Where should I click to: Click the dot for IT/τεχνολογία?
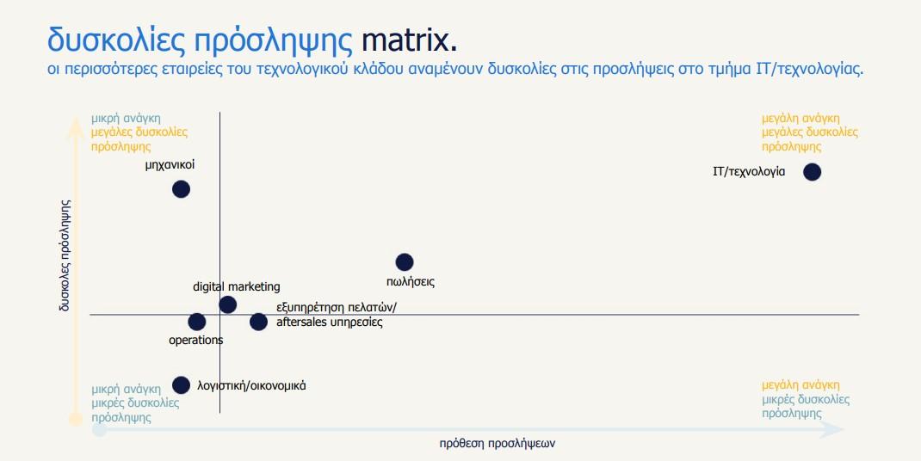click(812, 172)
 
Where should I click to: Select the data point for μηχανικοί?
click(181, 189)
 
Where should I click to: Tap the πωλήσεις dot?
click(404, 262)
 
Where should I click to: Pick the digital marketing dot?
click(228, 304)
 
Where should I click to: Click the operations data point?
click(197, 322)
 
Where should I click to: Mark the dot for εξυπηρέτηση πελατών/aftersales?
click(258, 322)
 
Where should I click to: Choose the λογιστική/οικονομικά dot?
click(181, 385)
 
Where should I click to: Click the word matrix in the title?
click(409, 40)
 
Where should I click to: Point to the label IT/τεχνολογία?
click(748, 172)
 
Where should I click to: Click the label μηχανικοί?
click(170, 165)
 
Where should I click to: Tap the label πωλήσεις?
click(411, 282)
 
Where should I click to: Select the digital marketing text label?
click(237, 286)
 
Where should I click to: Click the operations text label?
click(195, 340)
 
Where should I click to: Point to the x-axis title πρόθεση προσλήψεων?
click(497, 444)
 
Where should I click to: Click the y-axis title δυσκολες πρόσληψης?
click(65, 255)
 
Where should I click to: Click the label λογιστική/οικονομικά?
click(251, 386)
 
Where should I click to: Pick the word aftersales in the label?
click(302, 323)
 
